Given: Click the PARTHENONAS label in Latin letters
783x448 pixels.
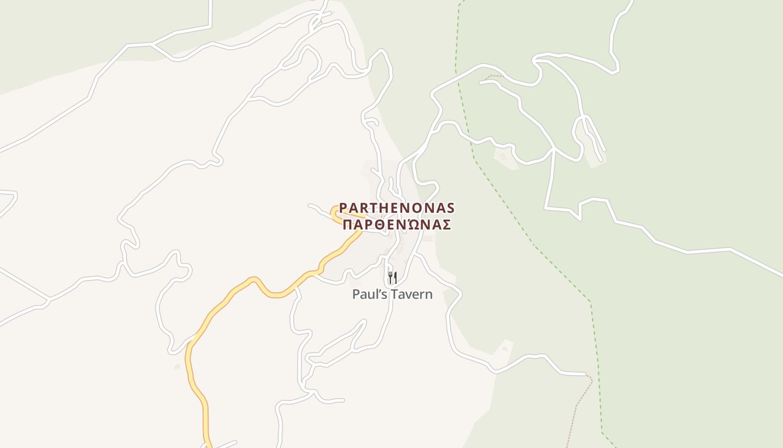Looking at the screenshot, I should pos(397,208).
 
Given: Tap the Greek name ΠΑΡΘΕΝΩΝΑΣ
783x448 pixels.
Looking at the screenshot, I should pos(397,225).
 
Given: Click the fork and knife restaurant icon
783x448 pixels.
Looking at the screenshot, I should pos(392,278).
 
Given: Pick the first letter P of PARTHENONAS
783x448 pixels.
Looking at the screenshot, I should pos(343,208).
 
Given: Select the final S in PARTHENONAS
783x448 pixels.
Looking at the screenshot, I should pos(450,208).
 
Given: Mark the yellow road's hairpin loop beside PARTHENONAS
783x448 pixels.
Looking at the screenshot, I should pos(335,214).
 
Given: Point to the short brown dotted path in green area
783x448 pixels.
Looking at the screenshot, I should pos(492,76).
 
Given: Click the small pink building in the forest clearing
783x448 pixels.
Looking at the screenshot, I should pos(502,157).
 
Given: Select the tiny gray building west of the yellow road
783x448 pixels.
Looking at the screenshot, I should pos(177,367).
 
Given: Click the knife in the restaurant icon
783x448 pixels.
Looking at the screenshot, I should pos(395,278).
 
